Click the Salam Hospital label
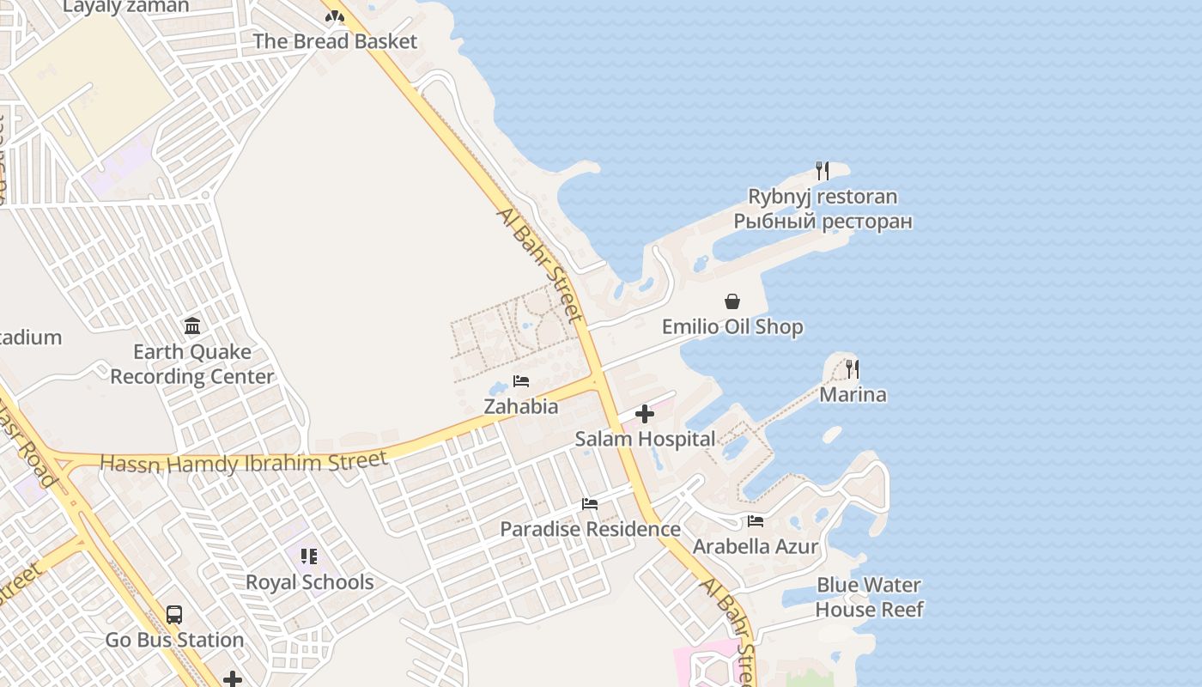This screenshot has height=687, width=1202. (645, 439)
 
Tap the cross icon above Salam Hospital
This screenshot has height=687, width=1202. (645, 415)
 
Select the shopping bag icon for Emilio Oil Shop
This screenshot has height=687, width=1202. (732, 301)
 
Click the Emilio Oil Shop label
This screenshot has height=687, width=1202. (732, 326)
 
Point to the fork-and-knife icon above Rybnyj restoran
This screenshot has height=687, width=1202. (823, 170)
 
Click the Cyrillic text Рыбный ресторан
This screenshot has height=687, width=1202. (823, 222)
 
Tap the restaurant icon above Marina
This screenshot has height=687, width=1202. (853, 369)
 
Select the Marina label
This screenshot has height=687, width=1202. (853, 395)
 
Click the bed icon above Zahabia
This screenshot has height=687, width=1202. (521, 381)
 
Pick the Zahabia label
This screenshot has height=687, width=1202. (521, 406)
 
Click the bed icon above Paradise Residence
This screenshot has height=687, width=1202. (590, 504)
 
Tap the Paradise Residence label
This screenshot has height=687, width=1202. (590, 529)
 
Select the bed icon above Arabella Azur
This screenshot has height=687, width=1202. (756, 521)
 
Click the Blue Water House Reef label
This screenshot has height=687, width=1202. (869, 598)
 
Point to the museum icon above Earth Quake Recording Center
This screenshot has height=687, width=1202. (192, 326)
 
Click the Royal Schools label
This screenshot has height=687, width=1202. (309, 582)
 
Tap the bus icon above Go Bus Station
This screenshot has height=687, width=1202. (174, 615)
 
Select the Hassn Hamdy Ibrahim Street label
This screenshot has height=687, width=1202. (244, 462)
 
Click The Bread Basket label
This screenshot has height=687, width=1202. (335, 41)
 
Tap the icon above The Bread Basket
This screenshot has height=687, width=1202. (335, 15)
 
